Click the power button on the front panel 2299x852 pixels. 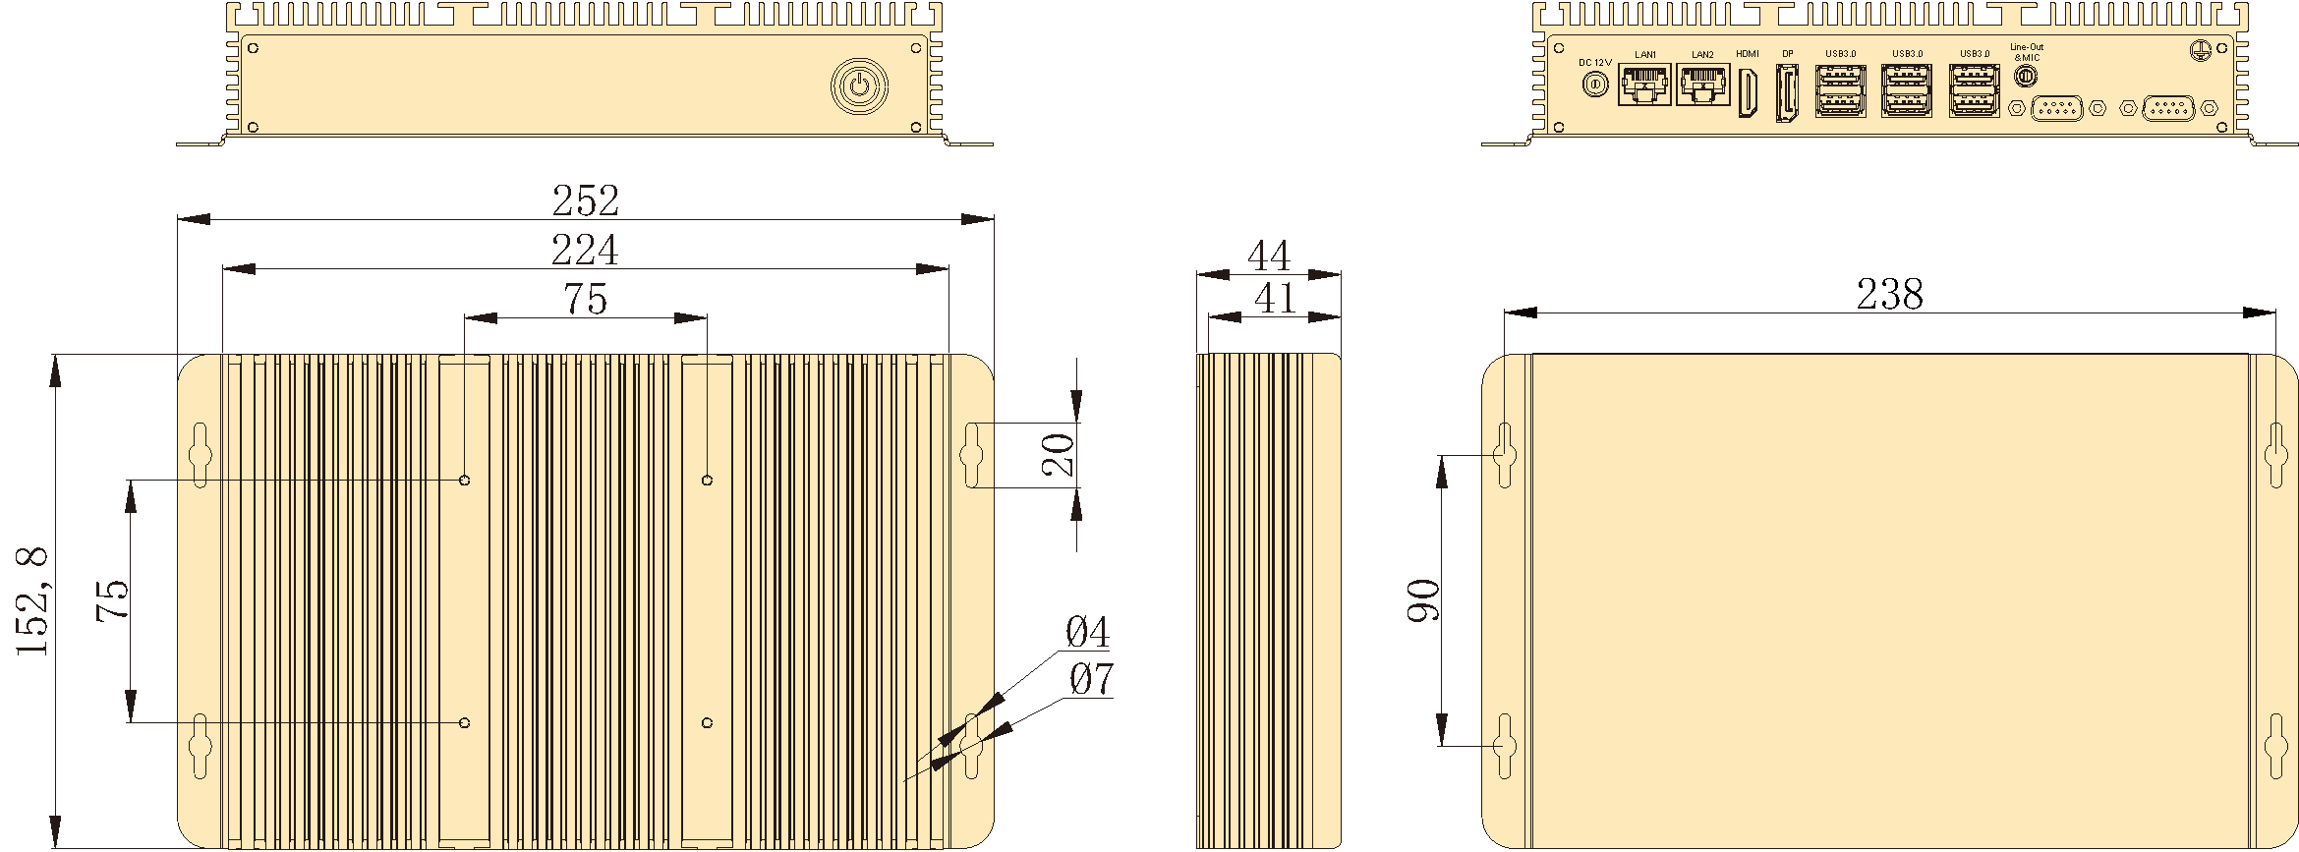859,85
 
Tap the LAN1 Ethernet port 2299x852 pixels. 1644,85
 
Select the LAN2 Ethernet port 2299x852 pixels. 1702,85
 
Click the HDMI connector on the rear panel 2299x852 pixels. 1748,93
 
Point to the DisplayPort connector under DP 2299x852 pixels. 1787,93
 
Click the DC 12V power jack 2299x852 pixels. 1594,85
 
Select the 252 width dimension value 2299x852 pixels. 586,200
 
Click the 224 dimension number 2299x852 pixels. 585,250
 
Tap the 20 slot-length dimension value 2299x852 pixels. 1058,454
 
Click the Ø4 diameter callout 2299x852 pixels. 1087,632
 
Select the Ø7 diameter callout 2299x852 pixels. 1091,679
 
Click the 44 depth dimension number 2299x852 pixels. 1268,256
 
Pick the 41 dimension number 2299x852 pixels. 1275,299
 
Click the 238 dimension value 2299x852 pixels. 1889,294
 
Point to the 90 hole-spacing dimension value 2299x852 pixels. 1423,600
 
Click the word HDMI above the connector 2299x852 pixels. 1748,54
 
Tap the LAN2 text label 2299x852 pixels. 1702,55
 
